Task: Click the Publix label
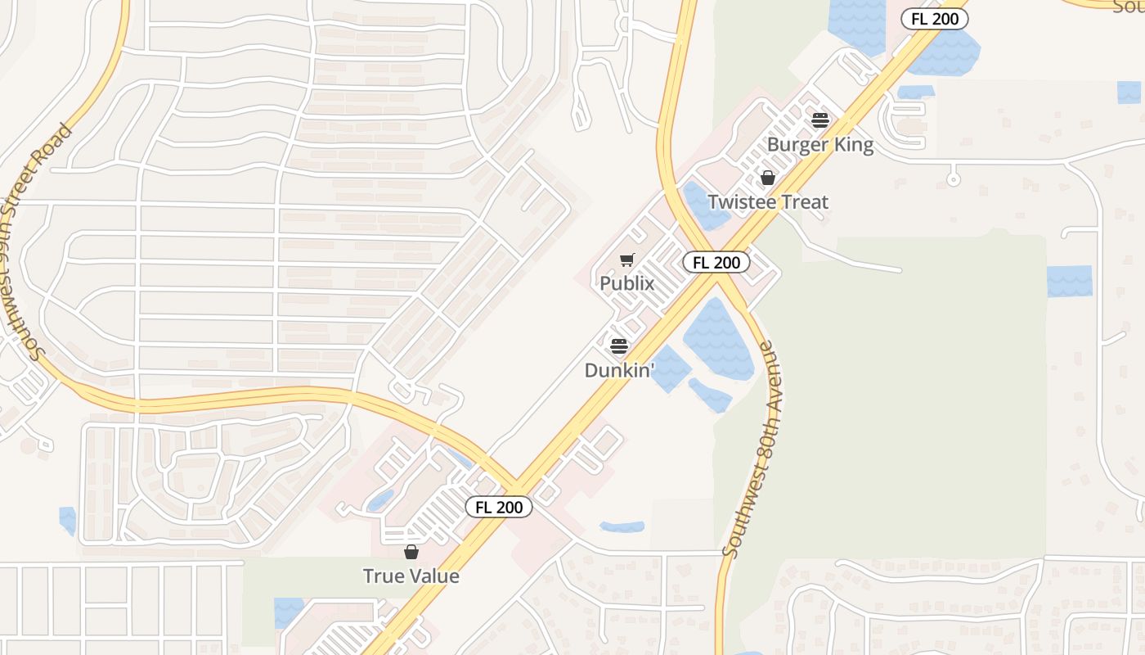[x=627, y=283]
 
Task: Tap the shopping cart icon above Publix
[x=627, y=260]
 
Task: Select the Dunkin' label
[x=619, y=370]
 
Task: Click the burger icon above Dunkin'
[x=619, y=346]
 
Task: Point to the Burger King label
[x=820, y=145]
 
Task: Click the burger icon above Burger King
[x=820, y=121]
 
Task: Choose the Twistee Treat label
[x=768, y=201]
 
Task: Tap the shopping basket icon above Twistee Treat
[x=768, y=178]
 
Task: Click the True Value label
[x=411, y=576]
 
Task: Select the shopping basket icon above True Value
[x=411, y=552]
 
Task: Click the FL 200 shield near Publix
[x=716, y=262]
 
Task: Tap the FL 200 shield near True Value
[x=499, y=507]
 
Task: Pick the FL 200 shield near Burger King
[x=935, y=19]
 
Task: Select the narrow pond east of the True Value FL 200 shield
[x=622, y=526]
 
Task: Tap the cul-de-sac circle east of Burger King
[x=953, y=177]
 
